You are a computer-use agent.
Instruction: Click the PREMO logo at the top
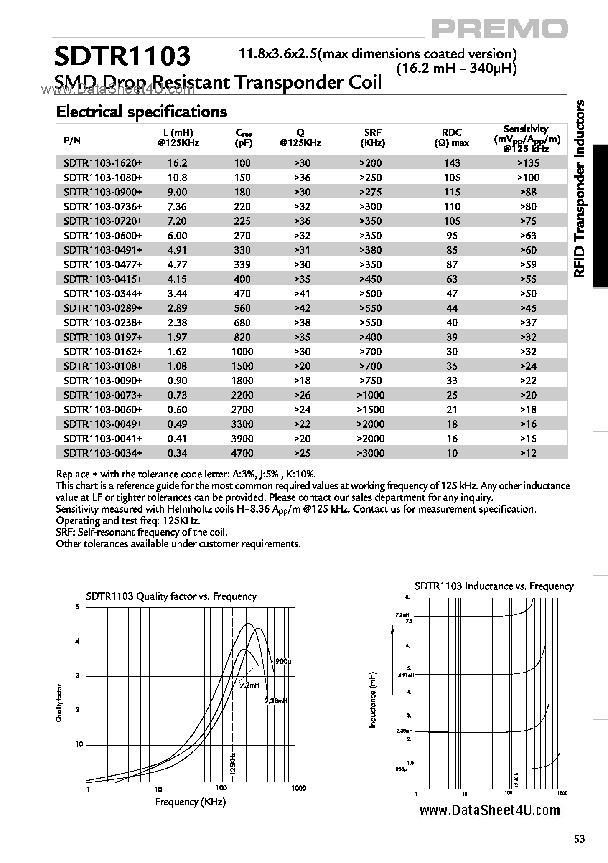(x=499, y=29)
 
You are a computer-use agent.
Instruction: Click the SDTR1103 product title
(x=122, y=57)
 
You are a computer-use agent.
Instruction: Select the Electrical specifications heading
(x=141, y=112)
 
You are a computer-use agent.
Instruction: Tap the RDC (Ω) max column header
(x=452, y=137)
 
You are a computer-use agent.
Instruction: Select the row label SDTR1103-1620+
(x=103, y=163)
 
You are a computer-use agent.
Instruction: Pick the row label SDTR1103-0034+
(x=103, y=453)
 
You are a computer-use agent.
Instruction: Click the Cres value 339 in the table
(x=242, y=264)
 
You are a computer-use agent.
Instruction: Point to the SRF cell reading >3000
(x=370, y=453)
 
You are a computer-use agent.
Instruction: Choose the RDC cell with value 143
(x=452, y=163)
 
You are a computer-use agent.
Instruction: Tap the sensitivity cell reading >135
(x=528, y=163)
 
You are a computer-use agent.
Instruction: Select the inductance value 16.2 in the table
(x=177, y=163)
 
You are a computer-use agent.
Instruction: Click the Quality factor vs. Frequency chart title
(x=171, y=596)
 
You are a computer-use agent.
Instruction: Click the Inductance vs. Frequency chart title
(x=494, y=586)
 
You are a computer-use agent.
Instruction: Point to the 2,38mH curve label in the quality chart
(x=276, y=701)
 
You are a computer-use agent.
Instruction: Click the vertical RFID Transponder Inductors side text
(x=580, y=189)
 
